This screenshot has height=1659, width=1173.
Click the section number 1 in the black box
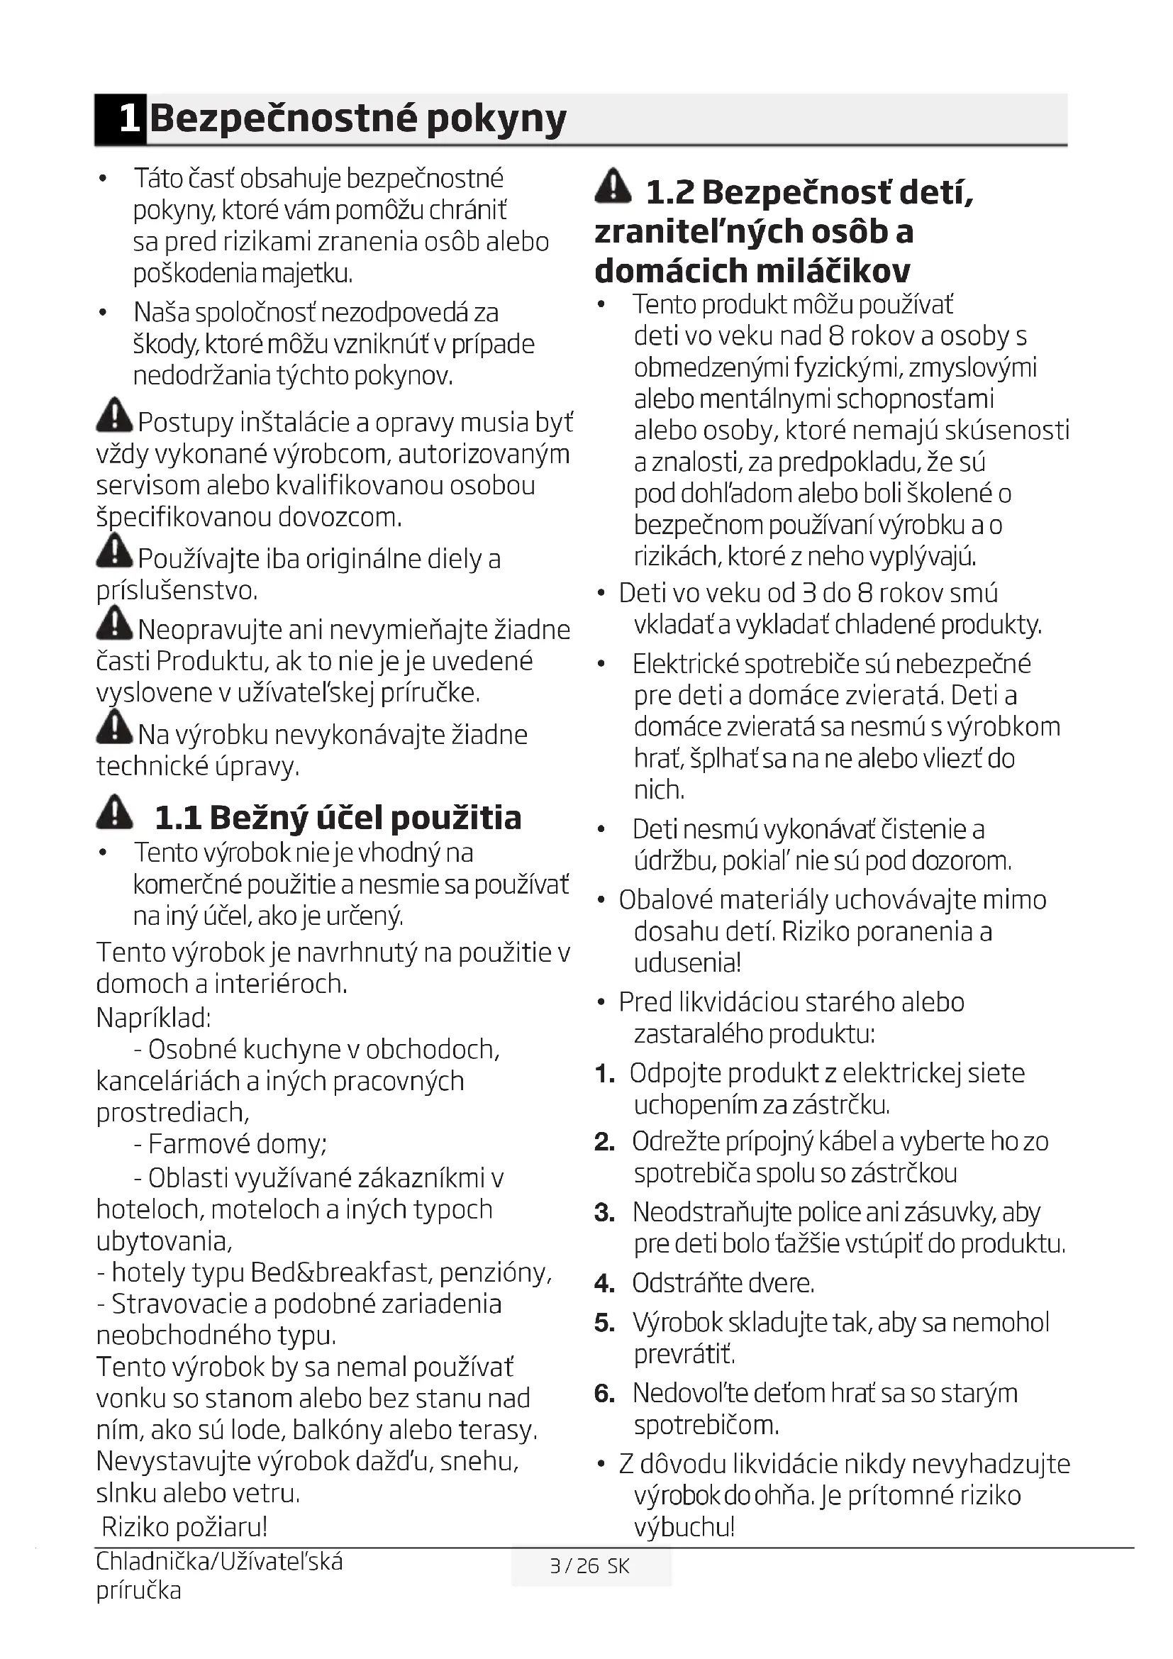coord(128,118)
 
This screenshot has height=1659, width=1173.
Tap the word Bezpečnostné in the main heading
coord(284,118)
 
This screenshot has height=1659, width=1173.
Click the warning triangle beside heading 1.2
coord(613,186)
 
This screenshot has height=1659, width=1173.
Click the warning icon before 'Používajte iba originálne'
coord(114,551)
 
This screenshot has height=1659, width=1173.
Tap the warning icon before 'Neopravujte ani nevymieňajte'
coord(114,623)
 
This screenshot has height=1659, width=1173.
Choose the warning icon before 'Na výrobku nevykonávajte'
coord(114,727)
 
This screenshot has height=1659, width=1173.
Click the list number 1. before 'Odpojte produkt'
coord(604,1075)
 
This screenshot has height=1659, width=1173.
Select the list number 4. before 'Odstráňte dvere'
coord(604,1284)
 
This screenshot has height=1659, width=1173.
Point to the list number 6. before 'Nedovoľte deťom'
coord(604,1394)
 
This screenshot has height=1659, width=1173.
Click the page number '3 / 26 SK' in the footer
coord(589,1566)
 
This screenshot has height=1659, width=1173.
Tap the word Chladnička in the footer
coord(152,1561)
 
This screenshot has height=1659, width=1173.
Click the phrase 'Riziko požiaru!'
coord(184,1527)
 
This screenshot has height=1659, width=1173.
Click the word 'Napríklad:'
coord(153,1017)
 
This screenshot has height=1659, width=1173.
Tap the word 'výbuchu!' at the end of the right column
coord(684,1527)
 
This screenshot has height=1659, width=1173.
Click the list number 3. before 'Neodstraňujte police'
coord(604,1213)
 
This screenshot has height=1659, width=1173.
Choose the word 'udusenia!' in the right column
coord(688,963)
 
